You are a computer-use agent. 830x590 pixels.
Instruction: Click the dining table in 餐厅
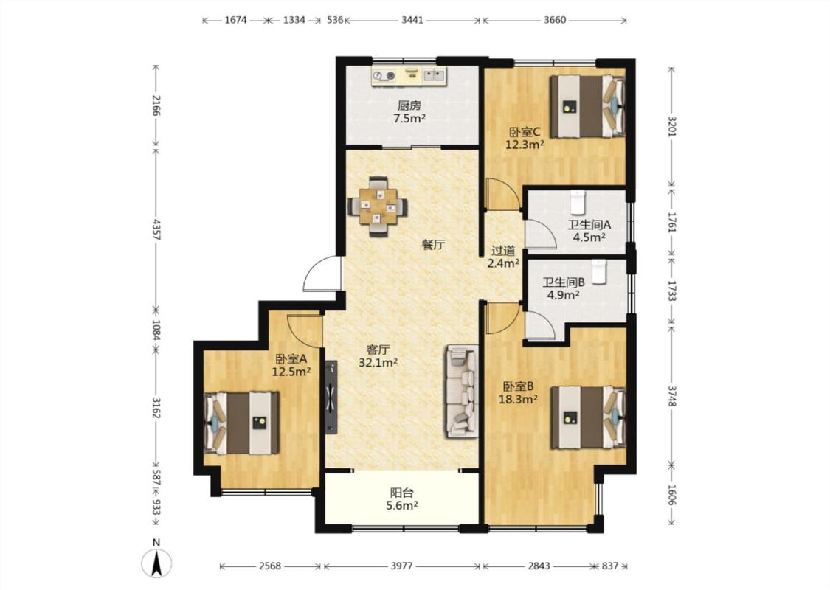(x=378, y=206)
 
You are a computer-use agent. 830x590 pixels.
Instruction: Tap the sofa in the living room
(x=461, y=392)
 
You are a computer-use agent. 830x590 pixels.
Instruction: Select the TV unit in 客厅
(x=331, y=398)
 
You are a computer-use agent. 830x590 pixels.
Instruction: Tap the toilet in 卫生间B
(x=598, y=271)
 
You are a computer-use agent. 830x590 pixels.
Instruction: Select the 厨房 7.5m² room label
(x=409, y=112)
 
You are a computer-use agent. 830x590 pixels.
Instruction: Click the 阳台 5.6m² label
(x=402, y=499)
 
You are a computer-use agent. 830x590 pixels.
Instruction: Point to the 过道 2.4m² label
(x=503, y=257)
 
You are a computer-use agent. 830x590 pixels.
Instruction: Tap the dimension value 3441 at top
(x=412, y=20)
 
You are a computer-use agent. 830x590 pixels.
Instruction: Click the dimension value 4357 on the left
(x=156, y=229)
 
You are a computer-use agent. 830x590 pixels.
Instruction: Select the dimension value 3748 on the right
(x=671, y=396)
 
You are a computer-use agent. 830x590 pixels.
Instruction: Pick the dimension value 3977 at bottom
(x=402, y=566)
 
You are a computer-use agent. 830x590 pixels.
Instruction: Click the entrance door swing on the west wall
(x=322, y=274)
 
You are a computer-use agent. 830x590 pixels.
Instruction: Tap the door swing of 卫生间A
(x=541, y=233)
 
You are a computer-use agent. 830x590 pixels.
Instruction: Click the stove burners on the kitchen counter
(x=384, y=77)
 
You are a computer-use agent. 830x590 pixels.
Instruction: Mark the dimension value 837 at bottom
(x=610, y=566)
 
